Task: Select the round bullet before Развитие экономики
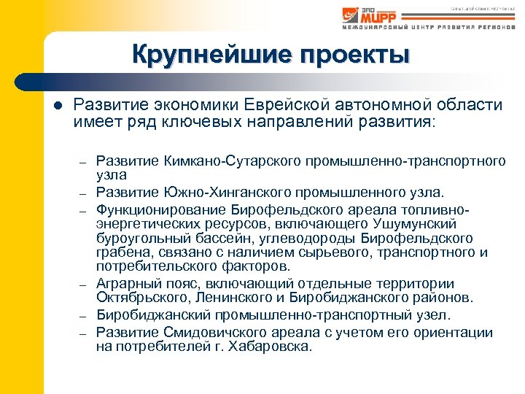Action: pos(58,106)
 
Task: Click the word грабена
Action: pos(120,252)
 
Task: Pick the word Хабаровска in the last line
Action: pos(271,347)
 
